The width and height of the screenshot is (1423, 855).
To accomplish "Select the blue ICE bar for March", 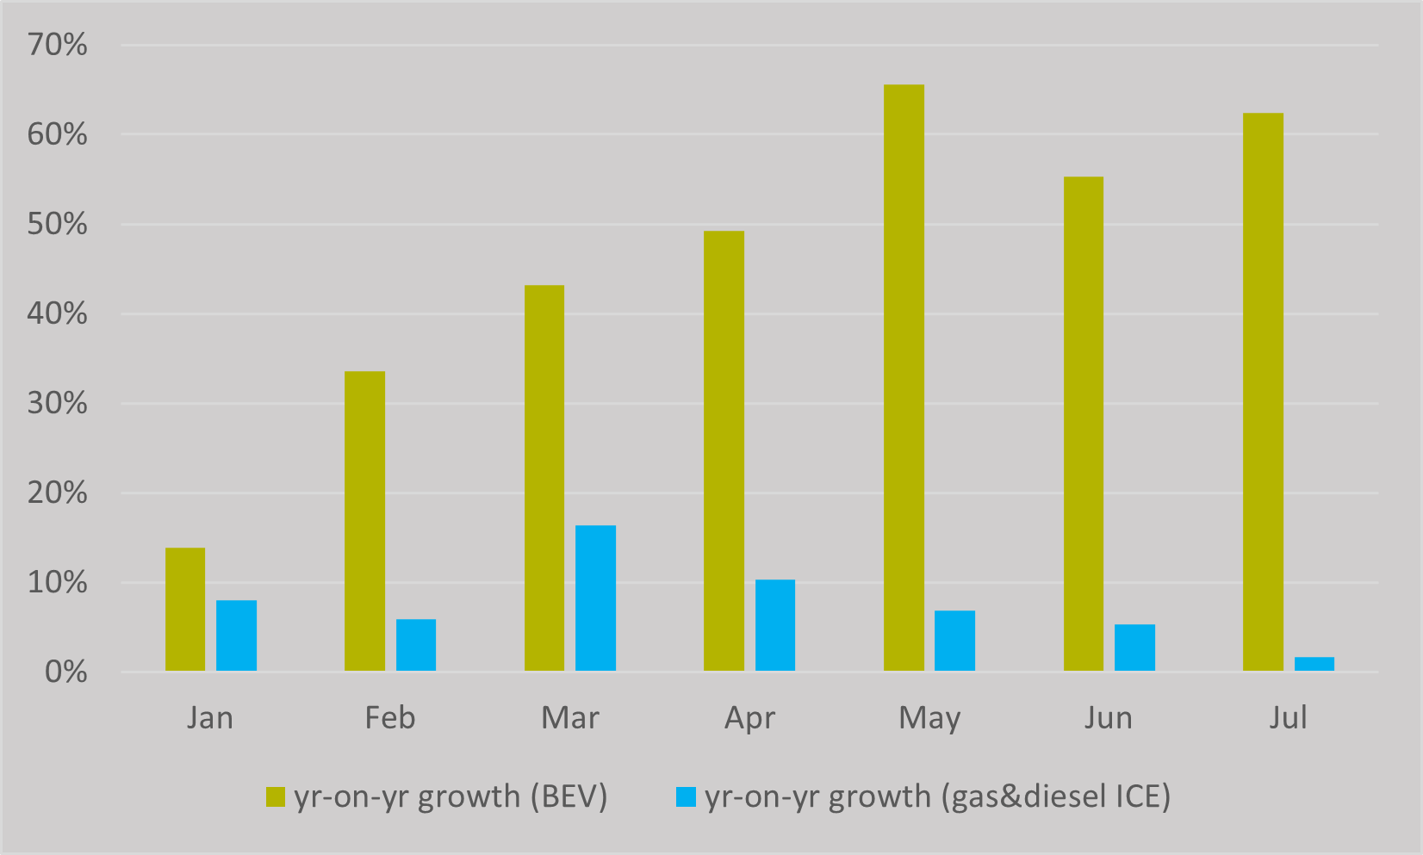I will [x=595, y=598].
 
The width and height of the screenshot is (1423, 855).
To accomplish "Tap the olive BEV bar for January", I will [x=185, y=609].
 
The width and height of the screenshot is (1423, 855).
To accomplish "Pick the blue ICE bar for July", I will [x=1314, y=664].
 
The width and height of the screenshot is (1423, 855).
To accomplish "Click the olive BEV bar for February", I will [x=364, y=521].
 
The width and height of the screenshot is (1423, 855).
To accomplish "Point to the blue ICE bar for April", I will [x=775, y=625].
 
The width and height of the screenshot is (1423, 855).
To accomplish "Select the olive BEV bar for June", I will [x=1083, y=424].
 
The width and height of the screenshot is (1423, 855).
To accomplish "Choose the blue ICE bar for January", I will [x=236, y=635].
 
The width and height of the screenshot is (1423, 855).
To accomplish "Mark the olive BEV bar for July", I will [x=1263, y=392].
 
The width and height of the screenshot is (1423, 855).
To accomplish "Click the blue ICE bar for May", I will [x=954, y=641].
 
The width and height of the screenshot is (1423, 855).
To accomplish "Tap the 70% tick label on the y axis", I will [x=58, y=45].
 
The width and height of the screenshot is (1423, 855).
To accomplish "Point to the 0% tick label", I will [x=65, y=672].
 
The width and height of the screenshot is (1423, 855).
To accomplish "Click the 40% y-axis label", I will [x=58, y=313].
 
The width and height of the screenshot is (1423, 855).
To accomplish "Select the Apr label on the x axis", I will [x=749, y=718].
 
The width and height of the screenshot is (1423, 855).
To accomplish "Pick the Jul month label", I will [x=1288, y=717].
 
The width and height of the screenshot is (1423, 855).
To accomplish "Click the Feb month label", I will [x=389, y=717].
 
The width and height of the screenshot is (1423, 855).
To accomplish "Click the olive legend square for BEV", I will [x=276, y=796].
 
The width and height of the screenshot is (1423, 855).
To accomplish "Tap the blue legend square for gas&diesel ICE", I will [x=686, y=796].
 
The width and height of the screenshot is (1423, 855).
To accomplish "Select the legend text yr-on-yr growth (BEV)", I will [x=451, y=796].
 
